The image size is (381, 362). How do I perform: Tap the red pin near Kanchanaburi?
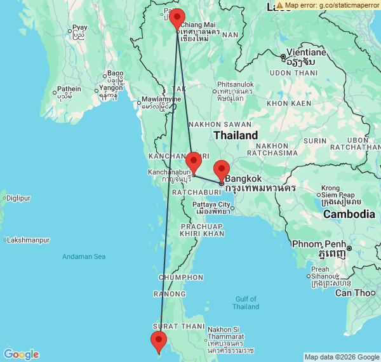194,161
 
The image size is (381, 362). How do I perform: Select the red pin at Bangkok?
221,170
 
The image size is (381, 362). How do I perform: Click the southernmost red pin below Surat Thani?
159,340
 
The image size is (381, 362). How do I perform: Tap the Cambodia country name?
349,214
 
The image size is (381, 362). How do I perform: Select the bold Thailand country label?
236,135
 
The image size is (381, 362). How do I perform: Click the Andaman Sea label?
84,257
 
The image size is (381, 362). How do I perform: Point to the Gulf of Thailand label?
246,303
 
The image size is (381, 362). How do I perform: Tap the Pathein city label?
69,89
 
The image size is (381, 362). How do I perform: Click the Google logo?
21,354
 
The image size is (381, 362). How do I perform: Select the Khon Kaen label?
289,103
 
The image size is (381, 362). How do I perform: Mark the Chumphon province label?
180,278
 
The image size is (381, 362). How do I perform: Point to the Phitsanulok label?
236,84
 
